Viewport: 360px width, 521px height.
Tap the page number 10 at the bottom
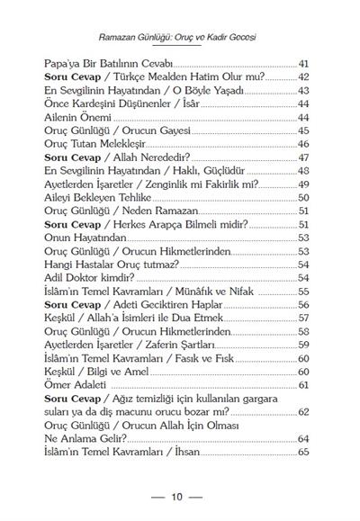point(177,497)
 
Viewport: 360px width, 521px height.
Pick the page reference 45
point(303,130)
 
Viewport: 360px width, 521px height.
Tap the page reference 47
point(303,157)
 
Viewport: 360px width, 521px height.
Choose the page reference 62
point(303,411)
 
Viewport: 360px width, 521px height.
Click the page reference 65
point(303,451)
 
